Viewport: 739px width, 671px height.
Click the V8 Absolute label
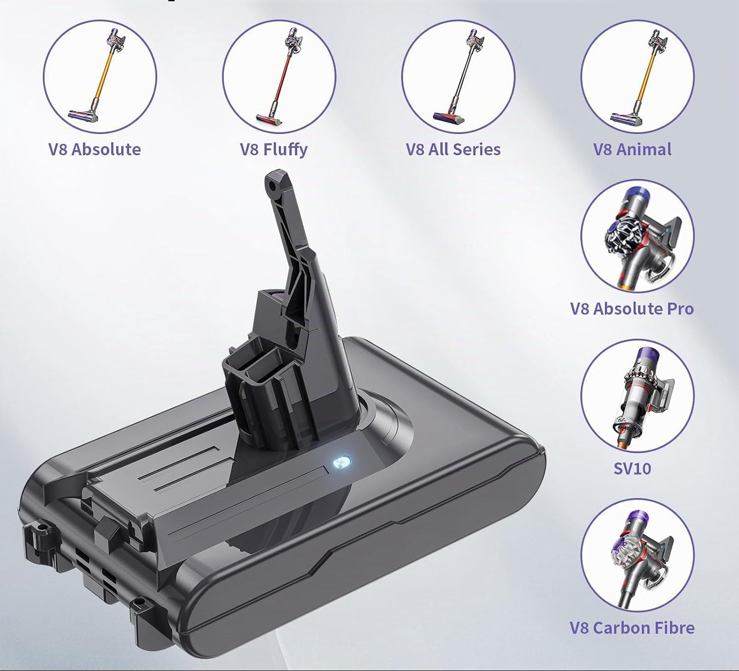(94, 150)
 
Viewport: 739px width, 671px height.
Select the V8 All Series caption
(453, 150)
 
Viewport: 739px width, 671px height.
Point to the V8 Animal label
(632, 150)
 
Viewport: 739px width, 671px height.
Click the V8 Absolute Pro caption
(632, 309)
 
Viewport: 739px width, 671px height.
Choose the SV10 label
(632, 468)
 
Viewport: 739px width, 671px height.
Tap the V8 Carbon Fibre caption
(632, 628)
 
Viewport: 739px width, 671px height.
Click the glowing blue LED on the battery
(342, 462)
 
